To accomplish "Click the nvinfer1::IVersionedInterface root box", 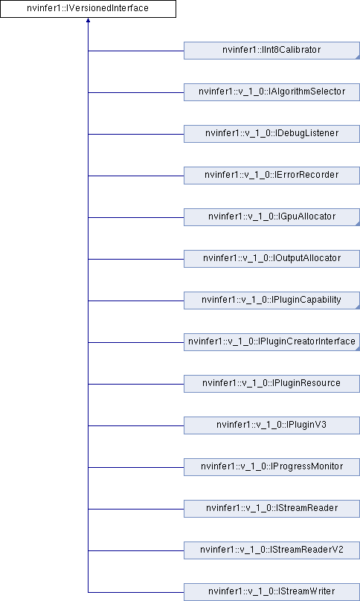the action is click(88, 8).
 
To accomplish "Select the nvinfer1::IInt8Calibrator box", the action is click(271, 51).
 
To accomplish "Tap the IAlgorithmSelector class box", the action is click(271, 92).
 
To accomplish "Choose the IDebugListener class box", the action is click(271, 134).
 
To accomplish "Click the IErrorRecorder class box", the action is click(271, 176).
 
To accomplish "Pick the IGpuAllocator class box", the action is click(271, 217).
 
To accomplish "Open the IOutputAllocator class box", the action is click(271, 259).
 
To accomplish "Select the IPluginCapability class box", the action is click(271, 300).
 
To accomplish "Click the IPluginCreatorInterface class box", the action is click(271, 342).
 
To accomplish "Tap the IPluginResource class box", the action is click(271, 384).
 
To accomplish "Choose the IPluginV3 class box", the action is click(271, 425).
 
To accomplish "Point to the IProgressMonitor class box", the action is click(271, 467).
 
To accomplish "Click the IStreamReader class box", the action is click(271, 509).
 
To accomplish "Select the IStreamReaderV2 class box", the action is click(271, 550).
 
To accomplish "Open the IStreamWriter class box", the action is click(271, 592).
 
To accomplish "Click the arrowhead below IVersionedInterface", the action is click(88, 20).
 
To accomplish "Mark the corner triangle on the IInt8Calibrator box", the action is click(358, 57).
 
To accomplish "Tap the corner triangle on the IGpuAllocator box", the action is click(358, 224).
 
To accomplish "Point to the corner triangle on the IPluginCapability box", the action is click(358, 307).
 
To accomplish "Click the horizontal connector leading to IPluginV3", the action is click(136, 425).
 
